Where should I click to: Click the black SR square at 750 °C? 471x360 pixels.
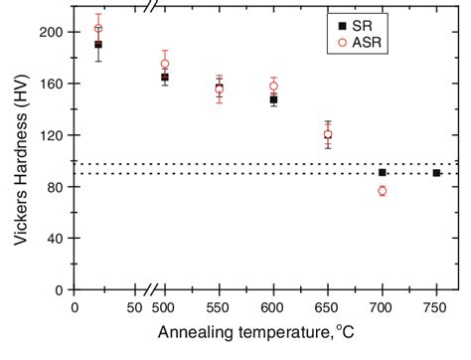436,173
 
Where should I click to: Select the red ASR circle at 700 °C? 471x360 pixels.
382,191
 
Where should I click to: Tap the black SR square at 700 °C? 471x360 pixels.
382,172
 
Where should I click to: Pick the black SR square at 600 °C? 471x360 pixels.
273,99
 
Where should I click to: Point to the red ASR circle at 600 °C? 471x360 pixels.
273,86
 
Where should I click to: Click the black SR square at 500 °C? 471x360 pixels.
165,77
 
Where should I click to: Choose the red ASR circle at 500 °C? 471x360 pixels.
165,64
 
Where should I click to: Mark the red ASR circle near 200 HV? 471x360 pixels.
97,28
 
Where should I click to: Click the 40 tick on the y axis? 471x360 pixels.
59,239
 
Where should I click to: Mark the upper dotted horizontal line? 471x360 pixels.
298,163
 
